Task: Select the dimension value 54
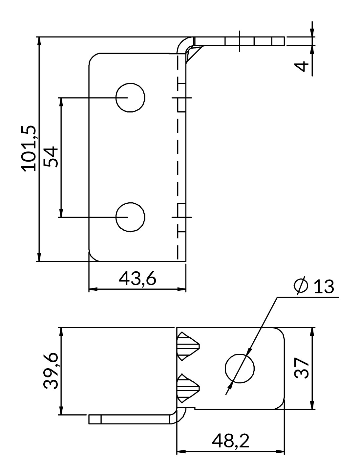[51, 157]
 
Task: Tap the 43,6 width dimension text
[137, 279]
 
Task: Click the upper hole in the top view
[130, 98]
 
